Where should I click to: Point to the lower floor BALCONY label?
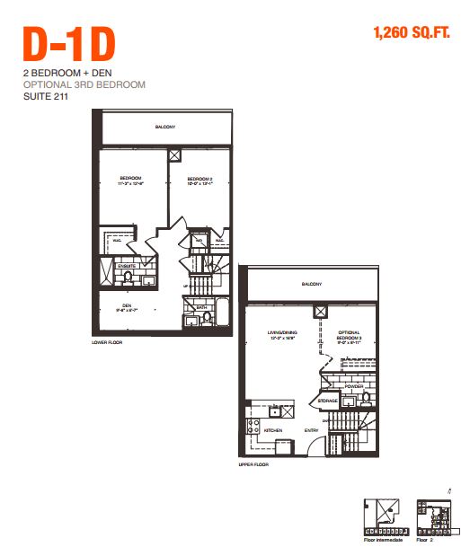pos(164,127)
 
